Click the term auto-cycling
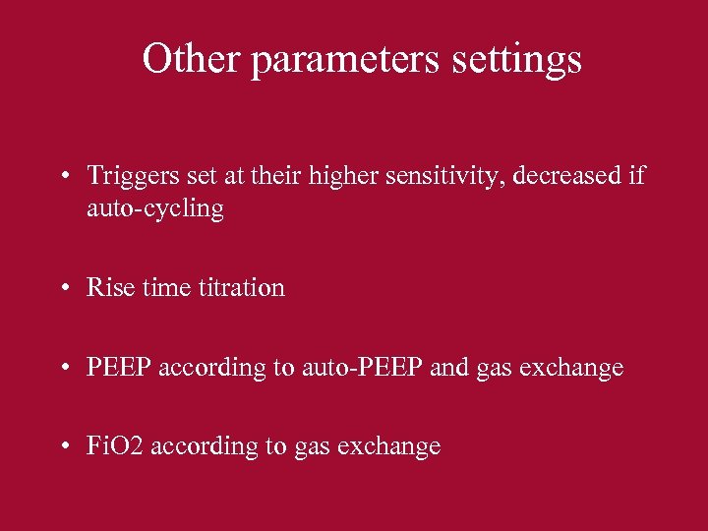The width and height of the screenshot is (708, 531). [155, 209]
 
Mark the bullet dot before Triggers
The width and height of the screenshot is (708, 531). [64, 178]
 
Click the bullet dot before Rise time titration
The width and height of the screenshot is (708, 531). [64, 289]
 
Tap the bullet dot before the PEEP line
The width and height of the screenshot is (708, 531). [64, 369]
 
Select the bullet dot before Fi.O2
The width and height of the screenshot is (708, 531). [64, 447]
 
